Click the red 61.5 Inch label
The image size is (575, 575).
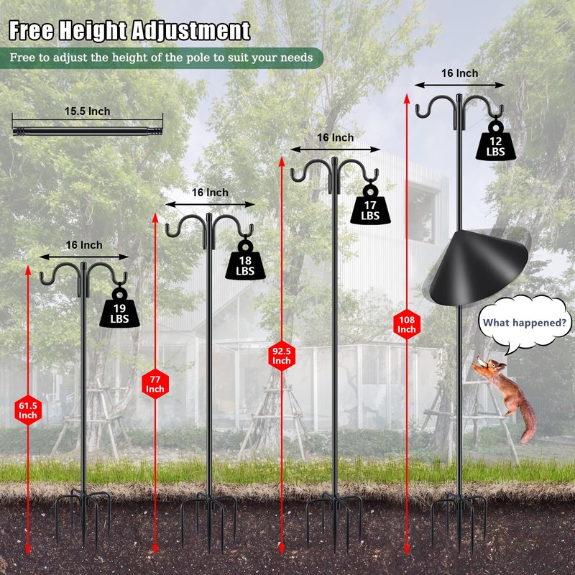tap(28, 410)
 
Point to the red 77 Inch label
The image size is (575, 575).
tap(155, 384)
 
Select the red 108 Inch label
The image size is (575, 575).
tap(406, 323)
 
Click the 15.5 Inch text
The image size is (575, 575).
tap(88, 111)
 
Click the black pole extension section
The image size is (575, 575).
tap(88, 129)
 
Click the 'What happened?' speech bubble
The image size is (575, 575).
tap(524, 323)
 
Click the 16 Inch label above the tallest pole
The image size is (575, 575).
tap(459, 73)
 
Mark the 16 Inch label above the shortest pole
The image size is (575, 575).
tap(84, 245)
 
